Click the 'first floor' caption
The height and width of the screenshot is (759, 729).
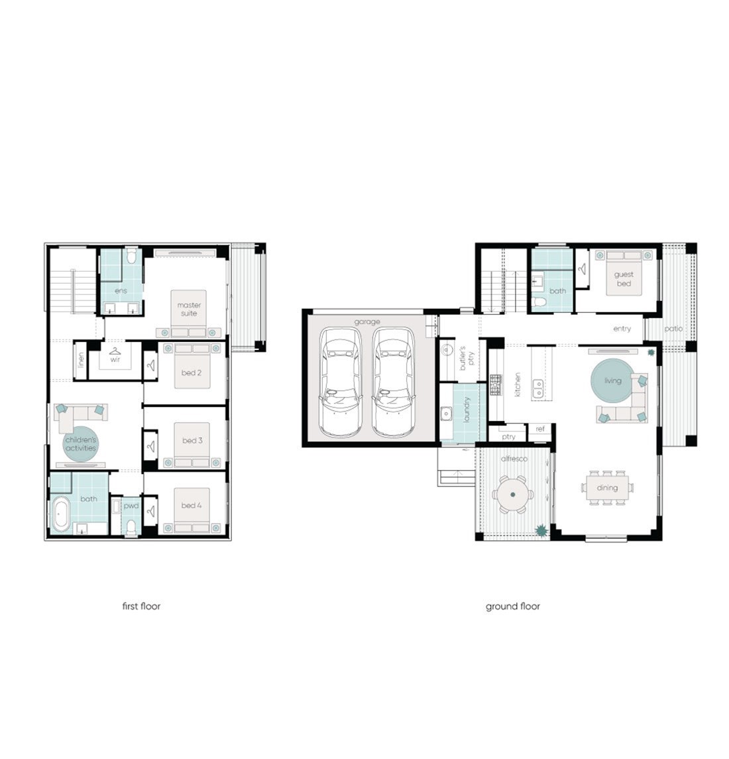coord(141,606)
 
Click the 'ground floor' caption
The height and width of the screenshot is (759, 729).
coord(513,607)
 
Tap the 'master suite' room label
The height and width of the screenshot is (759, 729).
coord(189,309)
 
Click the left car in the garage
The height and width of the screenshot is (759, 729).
coord(340,382)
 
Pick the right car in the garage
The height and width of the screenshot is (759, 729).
coord(394,382)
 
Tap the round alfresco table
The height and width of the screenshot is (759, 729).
coord(513,495)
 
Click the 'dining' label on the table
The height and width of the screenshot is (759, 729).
coord(607,487)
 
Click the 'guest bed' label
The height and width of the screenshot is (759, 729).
coord(624,279)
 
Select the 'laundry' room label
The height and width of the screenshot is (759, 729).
coord(467,410)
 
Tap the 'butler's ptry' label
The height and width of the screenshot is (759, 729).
coord(466,358)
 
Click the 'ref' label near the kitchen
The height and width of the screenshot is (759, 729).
coord(540,429)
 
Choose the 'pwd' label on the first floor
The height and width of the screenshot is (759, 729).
coord(131,506)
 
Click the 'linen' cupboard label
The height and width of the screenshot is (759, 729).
coord(82,360)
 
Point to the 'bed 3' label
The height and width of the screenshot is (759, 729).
coord(192,441)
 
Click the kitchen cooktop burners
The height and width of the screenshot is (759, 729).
coord(496,385)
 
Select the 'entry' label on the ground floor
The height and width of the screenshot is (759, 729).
coord(622,329)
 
